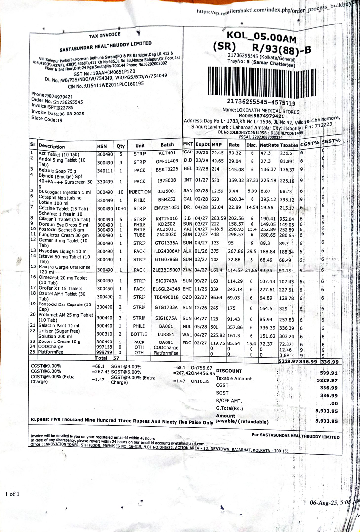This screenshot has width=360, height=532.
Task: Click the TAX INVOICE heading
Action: (x=105, y=36)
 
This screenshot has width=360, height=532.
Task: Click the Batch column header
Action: (x=167, y=145)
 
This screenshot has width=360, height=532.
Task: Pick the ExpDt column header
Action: (x=202, y=144)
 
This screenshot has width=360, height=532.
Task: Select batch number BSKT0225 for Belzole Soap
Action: (x=167, y=170)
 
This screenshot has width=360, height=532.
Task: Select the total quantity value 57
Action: (x=116, y=358)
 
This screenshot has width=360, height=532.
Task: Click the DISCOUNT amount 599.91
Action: (x=329, y=373)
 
